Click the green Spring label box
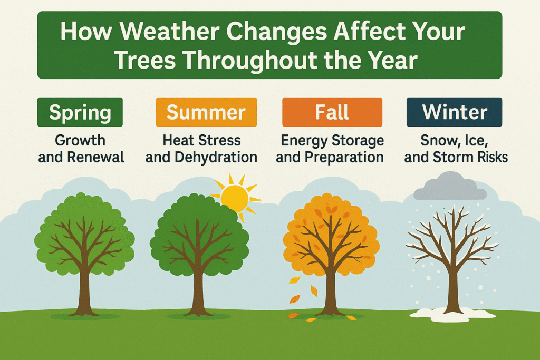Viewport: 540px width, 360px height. [80, 112]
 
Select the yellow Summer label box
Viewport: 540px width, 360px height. [206, 112]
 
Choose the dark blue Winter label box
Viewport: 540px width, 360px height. [454, 112]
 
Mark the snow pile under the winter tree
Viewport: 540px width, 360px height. [452, 315]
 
